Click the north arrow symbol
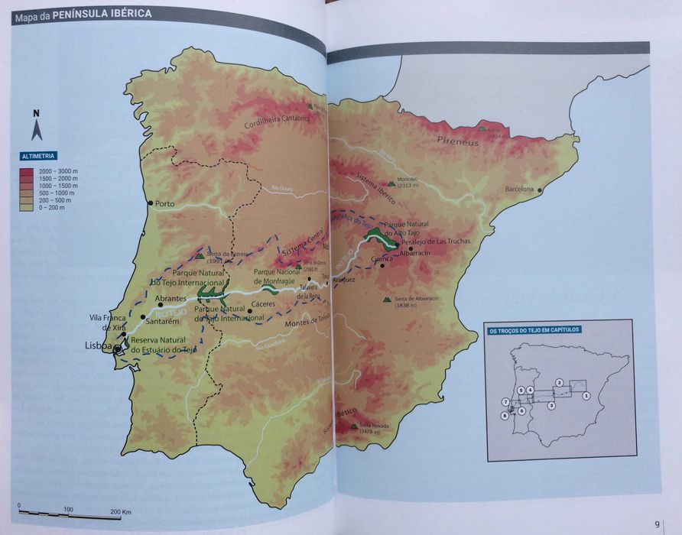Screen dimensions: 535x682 [x=36, y=127]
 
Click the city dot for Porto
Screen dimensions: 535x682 [x=150, y=203]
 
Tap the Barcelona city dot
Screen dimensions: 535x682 [x=540, y=190]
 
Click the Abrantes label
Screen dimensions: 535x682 [x=170, y=299]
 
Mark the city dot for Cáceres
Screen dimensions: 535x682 [x=250, y=311]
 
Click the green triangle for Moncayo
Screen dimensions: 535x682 [x=391, y=183]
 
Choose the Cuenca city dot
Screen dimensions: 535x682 [x=382, y=266]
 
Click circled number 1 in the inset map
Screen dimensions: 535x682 [x=586, y=396]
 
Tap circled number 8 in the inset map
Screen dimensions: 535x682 [x=505, y=417]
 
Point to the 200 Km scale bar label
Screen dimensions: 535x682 [x=121, y=511]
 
